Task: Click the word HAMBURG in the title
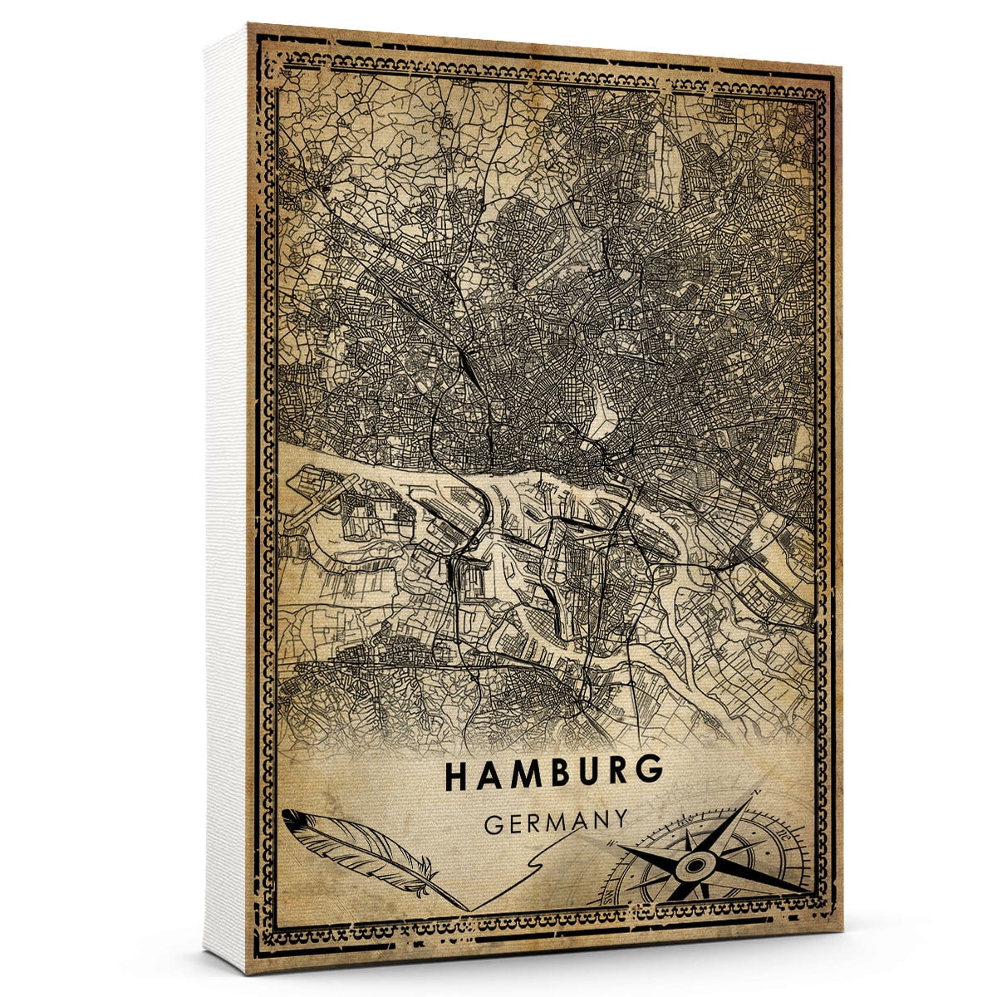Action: click(554, 774)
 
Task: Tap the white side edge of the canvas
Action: click(226, 498)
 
